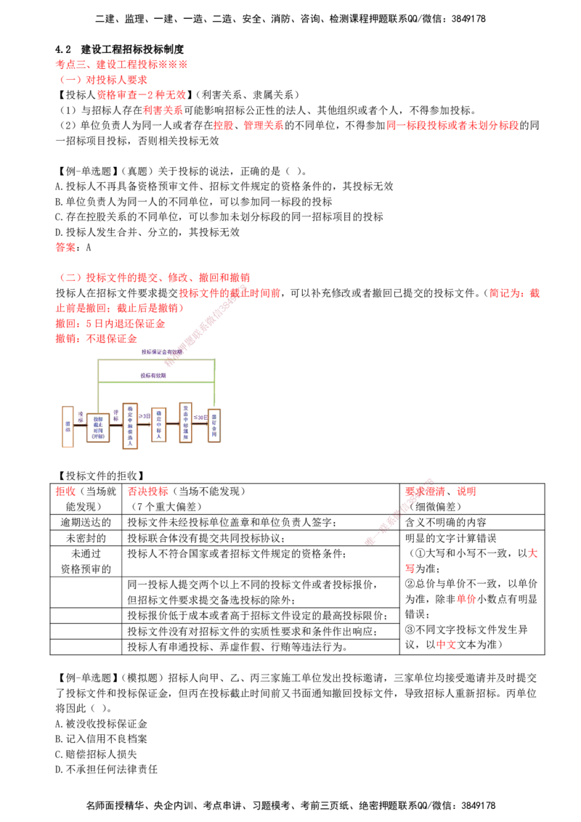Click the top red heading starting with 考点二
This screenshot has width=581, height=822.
pos(121,64)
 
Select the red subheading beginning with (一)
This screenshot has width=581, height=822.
pos(104,79)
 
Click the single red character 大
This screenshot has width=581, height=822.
pos(532,554)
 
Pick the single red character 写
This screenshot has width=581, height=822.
pos(410,569)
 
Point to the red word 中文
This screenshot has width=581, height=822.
pos(446,645)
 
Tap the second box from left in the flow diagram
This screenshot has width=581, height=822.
pos(98,428)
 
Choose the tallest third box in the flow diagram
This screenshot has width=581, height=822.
pos(131,426)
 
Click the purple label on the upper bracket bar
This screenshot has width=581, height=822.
pos(161,352)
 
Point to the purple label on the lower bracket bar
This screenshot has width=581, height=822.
pos(154,375)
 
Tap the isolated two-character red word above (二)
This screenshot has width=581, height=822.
pos(64,248)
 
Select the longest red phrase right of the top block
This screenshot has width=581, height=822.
pos(452,126)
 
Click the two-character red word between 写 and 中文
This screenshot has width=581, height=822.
pos(466,599)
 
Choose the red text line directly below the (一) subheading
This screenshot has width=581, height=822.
pos(142,95)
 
